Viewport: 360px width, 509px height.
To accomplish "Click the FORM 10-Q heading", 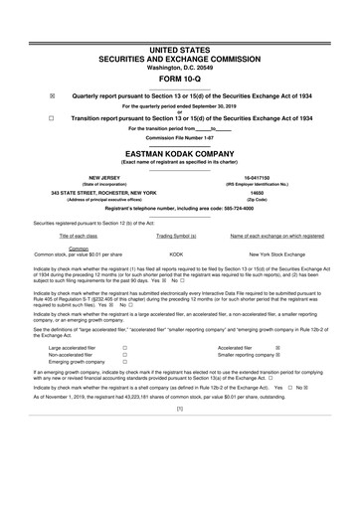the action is pyautogui.click(x=179, y=80).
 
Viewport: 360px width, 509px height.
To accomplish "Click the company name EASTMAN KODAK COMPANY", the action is pyautogui.click(x=179, y=154).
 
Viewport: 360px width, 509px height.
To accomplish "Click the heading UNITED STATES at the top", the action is pyautogui.click(x=179, y=48).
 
